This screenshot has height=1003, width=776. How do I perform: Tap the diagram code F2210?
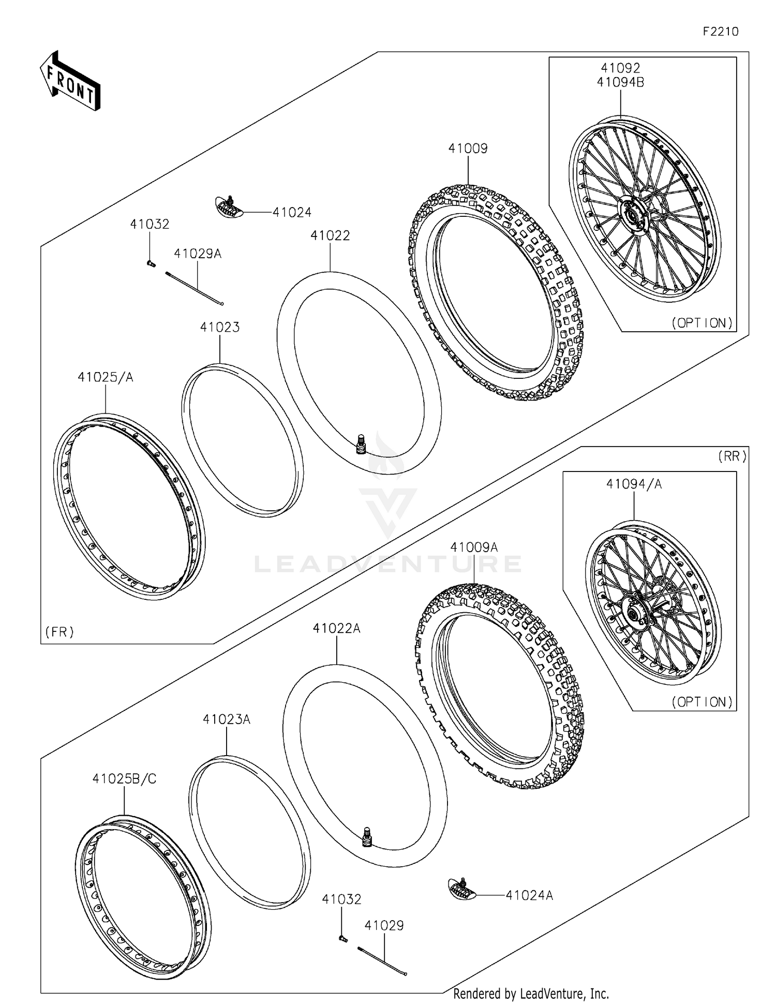coord(721,32)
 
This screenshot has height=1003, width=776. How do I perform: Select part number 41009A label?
coord(474,548)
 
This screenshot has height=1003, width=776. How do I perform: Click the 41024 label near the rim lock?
coord(292,212)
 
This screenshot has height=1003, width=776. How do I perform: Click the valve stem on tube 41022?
coord(361,445)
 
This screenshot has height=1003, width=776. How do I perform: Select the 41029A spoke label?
coord(198,254)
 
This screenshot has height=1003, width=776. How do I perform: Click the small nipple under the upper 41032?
coord(151,263)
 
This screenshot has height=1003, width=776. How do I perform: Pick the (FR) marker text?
coord(59,631)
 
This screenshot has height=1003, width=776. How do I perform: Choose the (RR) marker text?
coord(732,456)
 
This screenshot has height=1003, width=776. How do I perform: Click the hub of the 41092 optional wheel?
coord(633,214)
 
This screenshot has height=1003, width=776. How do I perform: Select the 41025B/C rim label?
coord(124,778)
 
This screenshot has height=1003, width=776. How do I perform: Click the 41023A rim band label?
coord(227,719)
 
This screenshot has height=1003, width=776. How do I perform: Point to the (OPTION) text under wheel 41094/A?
coord(702,702)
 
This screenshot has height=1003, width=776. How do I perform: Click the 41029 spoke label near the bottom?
coord(384,925)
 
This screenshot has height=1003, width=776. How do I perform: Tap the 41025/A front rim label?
coord(106,377)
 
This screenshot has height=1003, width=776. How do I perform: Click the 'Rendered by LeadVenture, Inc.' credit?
coord(531,994)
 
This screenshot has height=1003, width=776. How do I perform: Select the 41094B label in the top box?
coord(620,82)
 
